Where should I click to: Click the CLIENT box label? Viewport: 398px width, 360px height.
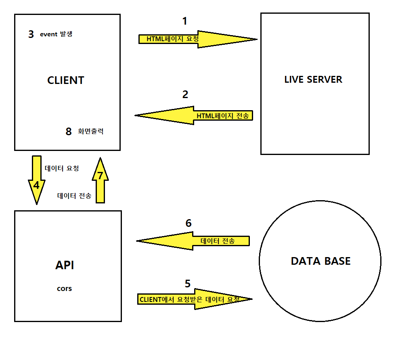(66, 80)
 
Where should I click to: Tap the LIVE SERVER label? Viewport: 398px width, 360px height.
(313, 79)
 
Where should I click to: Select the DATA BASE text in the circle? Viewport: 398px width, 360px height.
(320, 261)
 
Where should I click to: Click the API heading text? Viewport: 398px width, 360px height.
(65, 265)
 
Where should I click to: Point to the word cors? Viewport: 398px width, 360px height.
(65, 289)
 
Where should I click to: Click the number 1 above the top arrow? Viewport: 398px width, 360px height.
(185, 21)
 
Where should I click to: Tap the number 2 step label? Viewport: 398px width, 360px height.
(185, 94)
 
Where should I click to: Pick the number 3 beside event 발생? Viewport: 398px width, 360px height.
(31, 34)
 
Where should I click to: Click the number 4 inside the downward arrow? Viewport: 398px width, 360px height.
(36, 185)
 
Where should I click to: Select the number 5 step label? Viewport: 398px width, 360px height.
(187, 283)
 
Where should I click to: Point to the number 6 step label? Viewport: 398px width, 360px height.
(189, 223)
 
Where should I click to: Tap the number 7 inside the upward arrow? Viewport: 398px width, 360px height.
(101, 175)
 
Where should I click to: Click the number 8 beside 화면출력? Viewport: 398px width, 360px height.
(69, 132)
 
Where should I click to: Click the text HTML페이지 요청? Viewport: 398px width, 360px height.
(172, 39)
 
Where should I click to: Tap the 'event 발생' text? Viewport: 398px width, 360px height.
(56, 34)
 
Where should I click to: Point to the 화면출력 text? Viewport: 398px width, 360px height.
(90, 132)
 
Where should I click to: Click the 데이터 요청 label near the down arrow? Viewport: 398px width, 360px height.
(61, 169)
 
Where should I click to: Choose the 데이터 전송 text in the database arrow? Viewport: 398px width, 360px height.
(218, 241)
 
